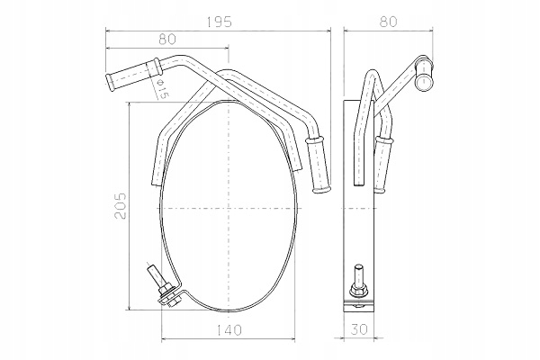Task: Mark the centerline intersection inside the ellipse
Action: (x=230, y=209)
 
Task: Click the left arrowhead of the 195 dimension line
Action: (x=109, y=31)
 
